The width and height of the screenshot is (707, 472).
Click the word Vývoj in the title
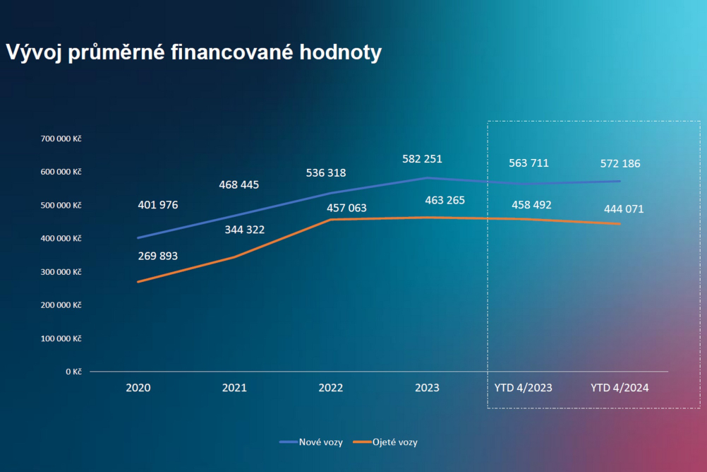(34, 52)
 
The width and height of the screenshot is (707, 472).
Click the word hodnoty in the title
(340, 52)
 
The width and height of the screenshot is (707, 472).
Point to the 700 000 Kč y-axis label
(61, 138)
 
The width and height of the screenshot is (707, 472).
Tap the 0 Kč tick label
(73, 372)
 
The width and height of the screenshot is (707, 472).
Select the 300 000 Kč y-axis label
(61, 272)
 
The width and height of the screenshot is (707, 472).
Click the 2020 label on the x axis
(138, 387)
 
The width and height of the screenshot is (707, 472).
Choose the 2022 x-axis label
(330, 387)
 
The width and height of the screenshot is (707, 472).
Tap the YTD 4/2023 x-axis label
(523, 387)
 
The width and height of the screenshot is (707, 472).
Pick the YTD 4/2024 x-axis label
(620, 387)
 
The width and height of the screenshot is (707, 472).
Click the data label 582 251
(422, 159)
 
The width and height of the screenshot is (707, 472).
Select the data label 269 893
(158, 256)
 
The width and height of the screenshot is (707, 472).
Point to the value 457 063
(346, 208)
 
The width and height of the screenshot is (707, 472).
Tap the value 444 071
(624, 209)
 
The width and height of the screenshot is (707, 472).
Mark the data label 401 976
(158, 205)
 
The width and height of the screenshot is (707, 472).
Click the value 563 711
(529, 163)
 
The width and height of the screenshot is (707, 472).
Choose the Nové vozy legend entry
(311, 442)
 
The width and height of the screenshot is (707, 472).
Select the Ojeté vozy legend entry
(385, 442)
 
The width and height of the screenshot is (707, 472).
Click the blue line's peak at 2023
(427, 178)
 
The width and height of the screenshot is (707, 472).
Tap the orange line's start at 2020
(138, 282)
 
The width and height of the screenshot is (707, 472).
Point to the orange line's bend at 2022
(330, 220)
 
